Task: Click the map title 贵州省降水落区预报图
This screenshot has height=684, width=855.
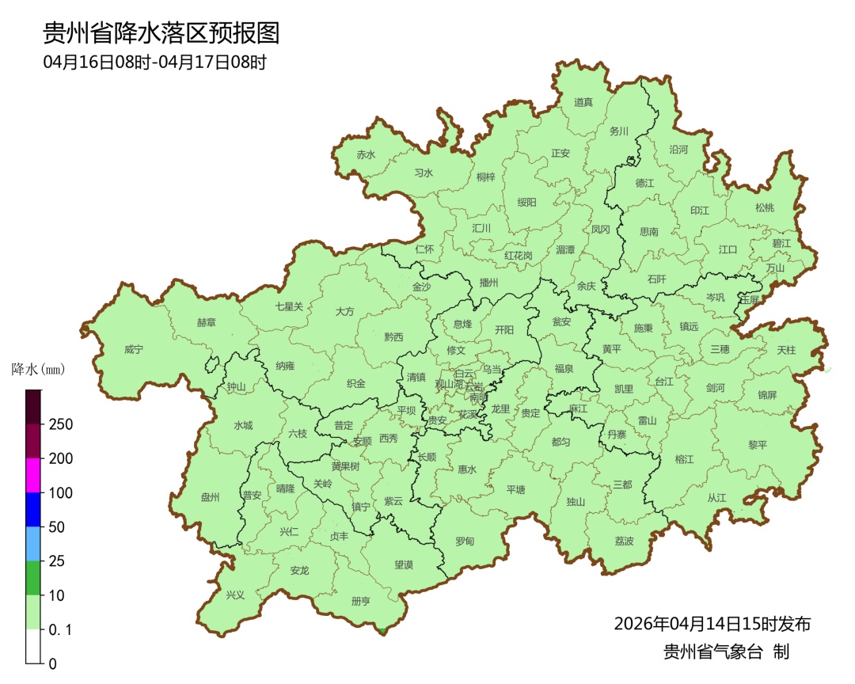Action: coord(161,33)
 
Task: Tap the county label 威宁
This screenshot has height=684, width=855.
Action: coord(134,349)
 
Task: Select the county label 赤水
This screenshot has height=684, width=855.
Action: coord(366,155)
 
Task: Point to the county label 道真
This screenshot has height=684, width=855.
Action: coord(583,102)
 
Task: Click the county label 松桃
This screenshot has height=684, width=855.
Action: coord(764,207)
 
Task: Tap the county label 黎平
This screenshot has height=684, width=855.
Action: coord(758,445)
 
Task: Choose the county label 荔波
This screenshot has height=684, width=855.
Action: coord(624,541)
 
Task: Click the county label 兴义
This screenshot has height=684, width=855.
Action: coord(235,595)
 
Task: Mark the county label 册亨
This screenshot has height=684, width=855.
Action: coord(360,601)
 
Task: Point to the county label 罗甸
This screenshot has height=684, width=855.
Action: coord(465,541)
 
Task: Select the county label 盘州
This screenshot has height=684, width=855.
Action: coord(210,497)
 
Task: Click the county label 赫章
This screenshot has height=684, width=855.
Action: coord(206,323)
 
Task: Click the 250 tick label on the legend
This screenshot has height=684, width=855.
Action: coord(61,424)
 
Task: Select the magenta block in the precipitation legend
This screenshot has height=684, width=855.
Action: coord(32,475)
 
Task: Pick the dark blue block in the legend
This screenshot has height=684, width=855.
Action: coord(32,509)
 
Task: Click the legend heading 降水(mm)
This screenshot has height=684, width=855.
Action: coord(37,369)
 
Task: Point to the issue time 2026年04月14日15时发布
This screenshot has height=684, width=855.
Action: coord(712,624)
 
